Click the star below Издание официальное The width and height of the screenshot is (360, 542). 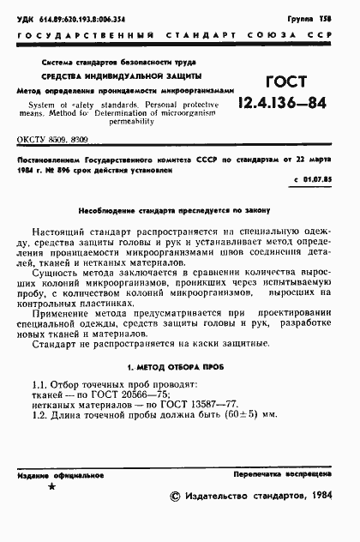click(51, 486)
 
